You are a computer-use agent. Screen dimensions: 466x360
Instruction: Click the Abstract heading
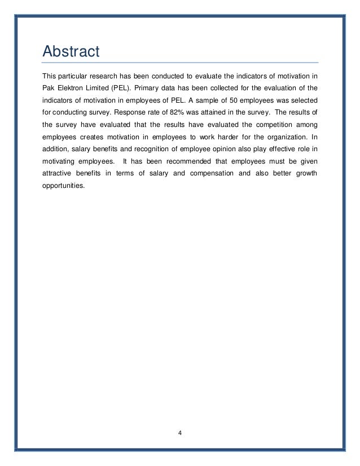coord(71,52)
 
